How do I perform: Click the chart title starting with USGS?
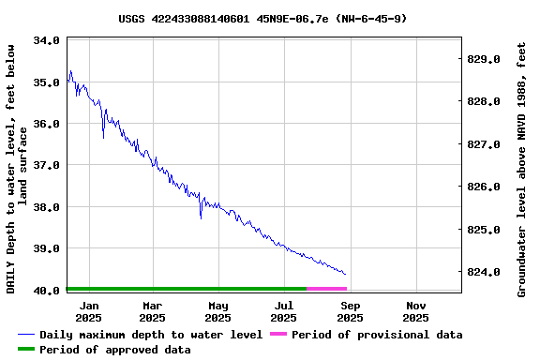[x=262, y=18]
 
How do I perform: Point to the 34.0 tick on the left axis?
[x=47, y=41]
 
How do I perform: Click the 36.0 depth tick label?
[x=47, y=124]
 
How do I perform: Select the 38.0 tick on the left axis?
[x=47, y=207]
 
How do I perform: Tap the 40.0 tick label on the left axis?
[x=47, y=291]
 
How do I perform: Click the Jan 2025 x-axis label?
[x=89, y=311]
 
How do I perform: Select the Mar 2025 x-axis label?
[x=153, y=311]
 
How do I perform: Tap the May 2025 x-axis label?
[x=218, y=311]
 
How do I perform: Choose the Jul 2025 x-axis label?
[x=284, y=311]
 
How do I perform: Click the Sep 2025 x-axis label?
[x=350, y=311]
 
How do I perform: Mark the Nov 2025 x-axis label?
[x=416, y=311]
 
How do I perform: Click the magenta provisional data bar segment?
[x=326, y=289]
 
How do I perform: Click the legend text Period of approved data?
[x=114, y=350]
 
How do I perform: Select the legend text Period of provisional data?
[x=376, y=335]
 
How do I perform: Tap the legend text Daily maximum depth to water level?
[x=151, y=335]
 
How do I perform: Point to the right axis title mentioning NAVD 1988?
[x=521, y=169]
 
